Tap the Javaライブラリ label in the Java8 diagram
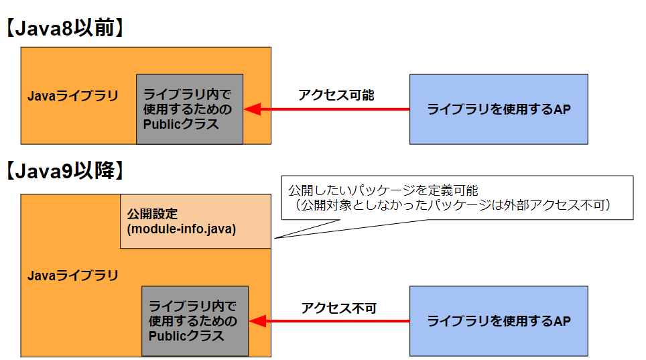(x=72, y=96)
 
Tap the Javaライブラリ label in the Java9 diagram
(x=72, y=276)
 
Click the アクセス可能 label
(x=336, y=95)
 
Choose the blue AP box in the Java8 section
(x=499, y=109)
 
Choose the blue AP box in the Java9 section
(x=499, y=320)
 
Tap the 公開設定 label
(x=152, y=215)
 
